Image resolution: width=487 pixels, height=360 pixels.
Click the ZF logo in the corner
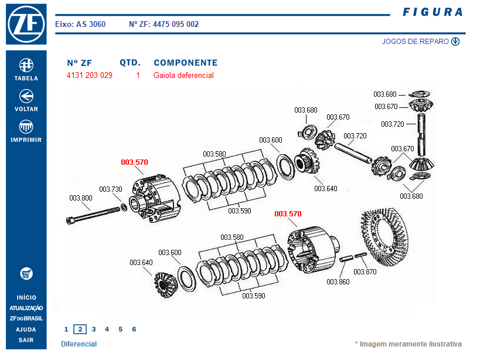tap(26, 24)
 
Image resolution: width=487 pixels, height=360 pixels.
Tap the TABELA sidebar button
tap(26, 64)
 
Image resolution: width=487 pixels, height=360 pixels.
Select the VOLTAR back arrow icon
tap(26, 96)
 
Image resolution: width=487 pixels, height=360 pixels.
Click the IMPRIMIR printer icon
tap(26, 127)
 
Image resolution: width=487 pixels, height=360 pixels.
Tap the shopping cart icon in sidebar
tap(26, 274)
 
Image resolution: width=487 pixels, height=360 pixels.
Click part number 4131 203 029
tap(90, 76)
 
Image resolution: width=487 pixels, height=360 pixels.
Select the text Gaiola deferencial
tap(183, 76)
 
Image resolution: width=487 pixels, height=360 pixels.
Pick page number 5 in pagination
tap(121, 330)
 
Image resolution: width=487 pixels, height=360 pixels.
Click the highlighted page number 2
tap(80, 330)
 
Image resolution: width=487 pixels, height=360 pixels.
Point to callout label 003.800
tap(81, 198)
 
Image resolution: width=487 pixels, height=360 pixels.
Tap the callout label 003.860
tap(338, 282)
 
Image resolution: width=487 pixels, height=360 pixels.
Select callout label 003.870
tap(365, 272)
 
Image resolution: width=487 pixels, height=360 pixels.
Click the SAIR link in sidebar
tap(26, 340)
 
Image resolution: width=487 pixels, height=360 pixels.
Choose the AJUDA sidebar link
tap(26, 330)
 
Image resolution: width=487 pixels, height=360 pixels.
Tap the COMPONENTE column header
tap(185, 63)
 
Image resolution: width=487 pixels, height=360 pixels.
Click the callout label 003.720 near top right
tap(392, 124)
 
